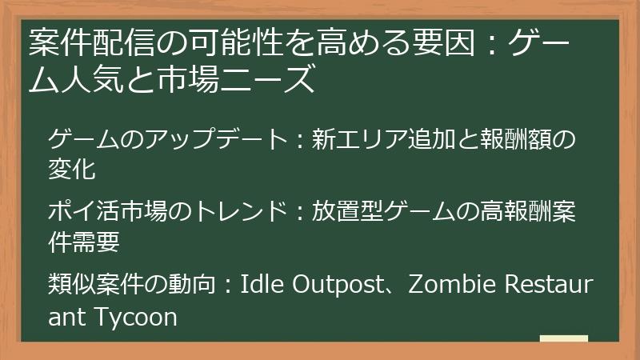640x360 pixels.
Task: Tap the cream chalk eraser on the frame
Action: pos(563,339)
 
